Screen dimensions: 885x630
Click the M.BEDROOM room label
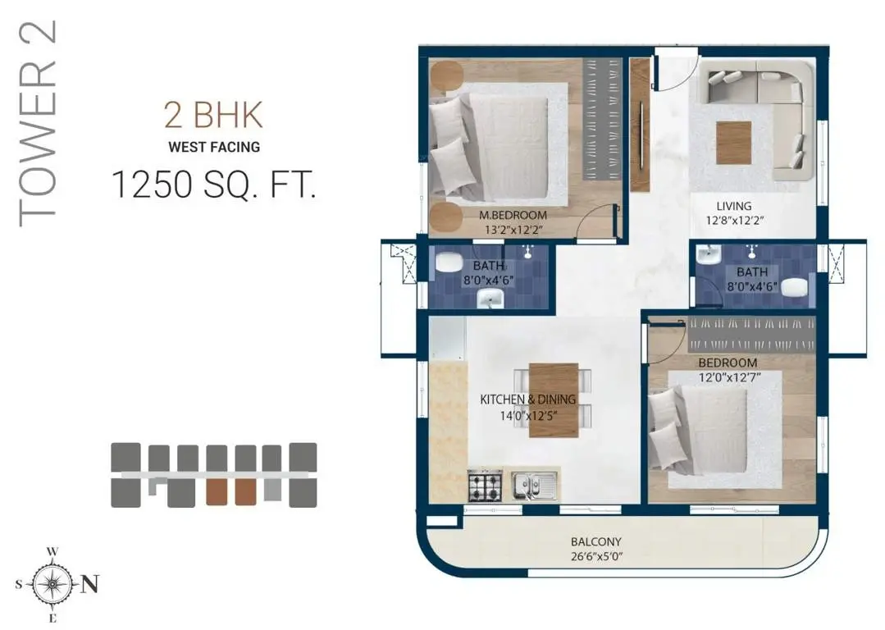(513, 215)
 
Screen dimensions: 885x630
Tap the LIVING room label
(734, 206)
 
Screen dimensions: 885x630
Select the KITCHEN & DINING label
(527, 399)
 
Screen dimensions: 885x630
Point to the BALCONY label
(595, 542)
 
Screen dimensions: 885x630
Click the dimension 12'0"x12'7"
(728, 377)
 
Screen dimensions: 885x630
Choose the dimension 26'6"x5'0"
(596, 557)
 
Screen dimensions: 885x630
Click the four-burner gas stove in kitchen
(485, 485)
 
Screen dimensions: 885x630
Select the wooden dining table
(554, 399)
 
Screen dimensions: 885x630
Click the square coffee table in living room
(734, 143)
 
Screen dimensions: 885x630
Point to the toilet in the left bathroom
(449, 262)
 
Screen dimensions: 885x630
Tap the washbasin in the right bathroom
(707, 255)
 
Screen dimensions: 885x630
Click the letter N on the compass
(90, 584)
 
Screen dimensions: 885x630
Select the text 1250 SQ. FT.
(213, 184)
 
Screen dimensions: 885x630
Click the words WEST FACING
(214, 147)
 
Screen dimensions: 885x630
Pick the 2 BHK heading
(213, 114)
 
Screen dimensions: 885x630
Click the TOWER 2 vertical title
(37, 124)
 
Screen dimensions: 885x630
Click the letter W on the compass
(52, 551)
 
